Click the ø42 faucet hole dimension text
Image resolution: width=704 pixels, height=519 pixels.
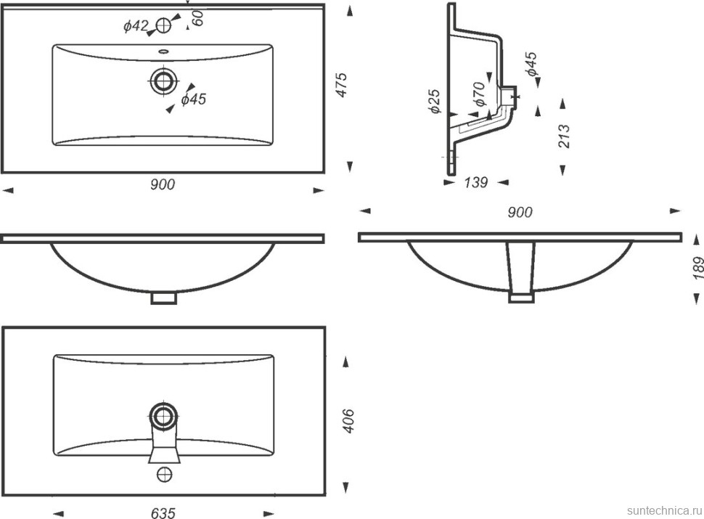(136, 26)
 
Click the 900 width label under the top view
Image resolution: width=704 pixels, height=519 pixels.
(163, 184)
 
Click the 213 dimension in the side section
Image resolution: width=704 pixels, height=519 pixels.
(564, 136)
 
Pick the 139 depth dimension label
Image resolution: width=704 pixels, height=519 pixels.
(475, 182)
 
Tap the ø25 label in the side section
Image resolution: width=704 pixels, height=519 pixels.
(435, 102)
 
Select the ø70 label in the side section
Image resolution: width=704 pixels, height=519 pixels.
(478, 94)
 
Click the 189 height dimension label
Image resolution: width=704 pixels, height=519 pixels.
(698, 268)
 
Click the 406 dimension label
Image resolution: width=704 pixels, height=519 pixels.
(348, 421)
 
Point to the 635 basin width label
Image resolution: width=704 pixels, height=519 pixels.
(163, 513)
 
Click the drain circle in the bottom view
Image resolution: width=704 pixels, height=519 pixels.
(164, 417)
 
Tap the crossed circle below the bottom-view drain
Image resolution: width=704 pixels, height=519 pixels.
(165, 474)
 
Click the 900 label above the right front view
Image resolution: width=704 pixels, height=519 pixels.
(520, 212)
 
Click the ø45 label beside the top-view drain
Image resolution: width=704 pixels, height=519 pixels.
(194, 99)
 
